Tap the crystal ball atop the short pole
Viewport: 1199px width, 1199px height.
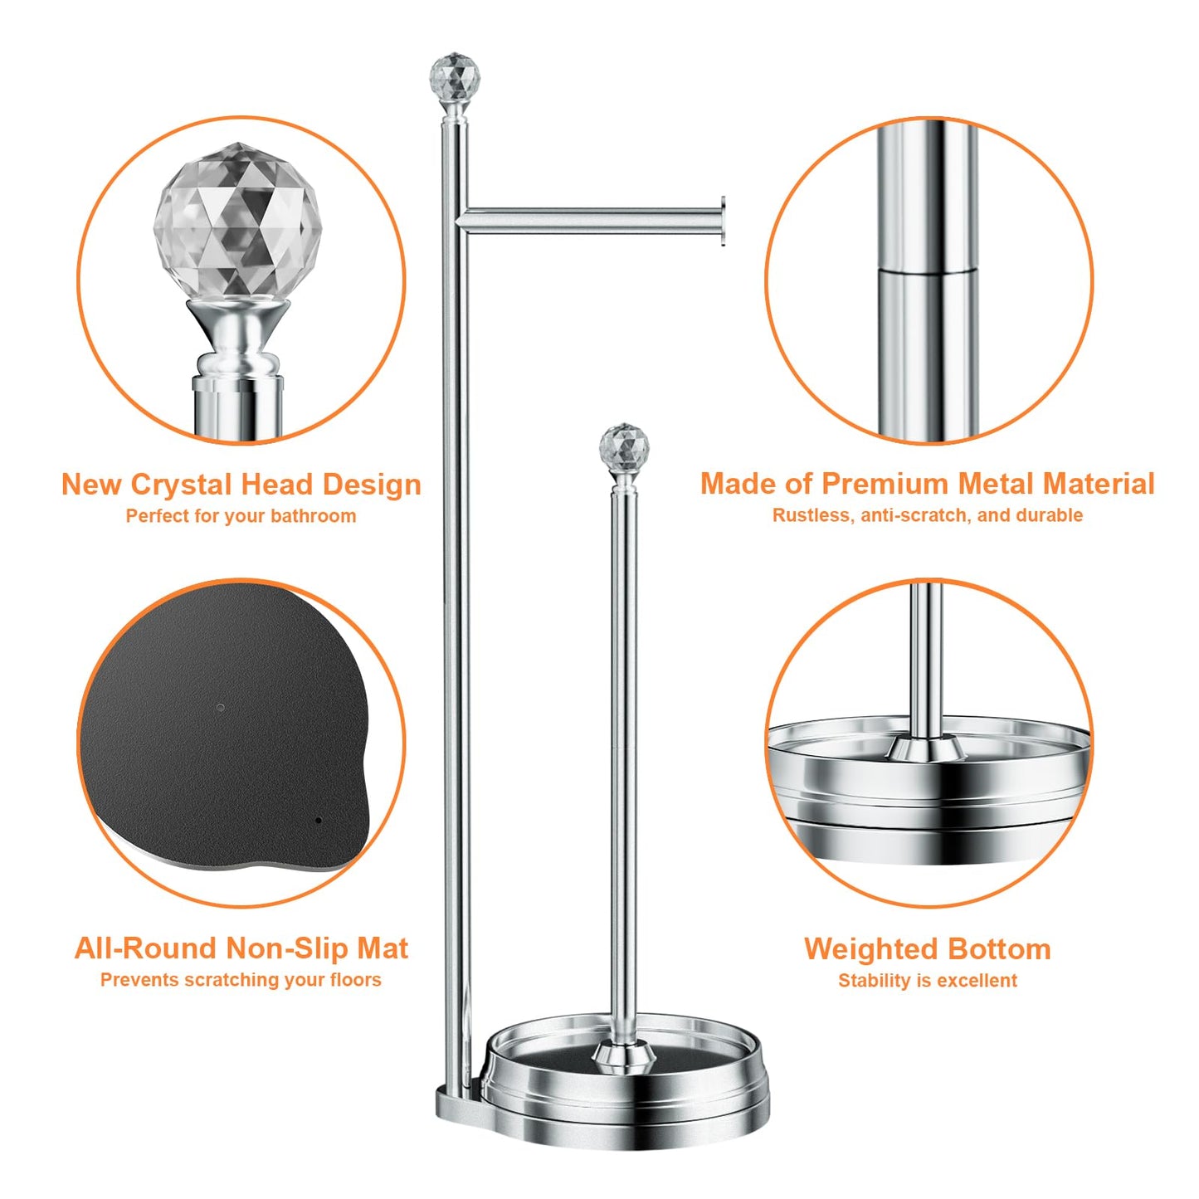click(624, 448)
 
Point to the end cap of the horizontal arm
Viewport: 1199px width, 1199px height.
click(723, 222)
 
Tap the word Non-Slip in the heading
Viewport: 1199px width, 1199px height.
click(287, 948)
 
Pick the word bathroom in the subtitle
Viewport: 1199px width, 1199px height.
click(313, 516)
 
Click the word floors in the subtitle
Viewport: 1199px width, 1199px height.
click(355, 980)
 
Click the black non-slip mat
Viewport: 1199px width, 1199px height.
click(224, 738)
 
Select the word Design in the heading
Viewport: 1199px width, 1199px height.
click(372, 485)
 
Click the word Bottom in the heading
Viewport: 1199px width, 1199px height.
click(999, 949)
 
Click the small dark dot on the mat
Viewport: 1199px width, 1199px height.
click(319, 821)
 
